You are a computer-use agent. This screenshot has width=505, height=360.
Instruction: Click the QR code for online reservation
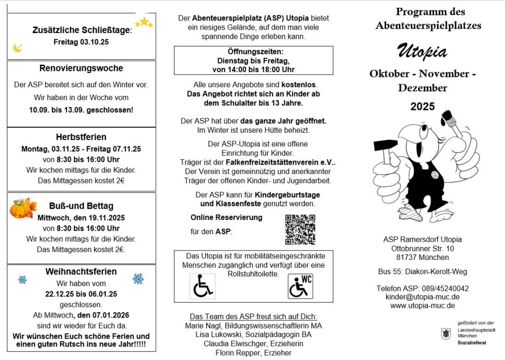(300, 229)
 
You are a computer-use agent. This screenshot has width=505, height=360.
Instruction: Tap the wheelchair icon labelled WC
(300, 287)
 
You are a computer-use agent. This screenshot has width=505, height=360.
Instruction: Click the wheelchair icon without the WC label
(202, 287)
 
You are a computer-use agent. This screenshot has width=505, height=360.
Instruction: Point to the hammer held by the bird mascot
(382, 146)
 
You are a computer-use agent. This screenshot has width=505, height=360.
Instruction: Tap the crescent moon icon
(18, 48)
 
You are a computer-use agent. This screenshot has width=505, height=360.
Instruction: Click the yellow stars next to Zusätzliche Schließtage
(144, 23)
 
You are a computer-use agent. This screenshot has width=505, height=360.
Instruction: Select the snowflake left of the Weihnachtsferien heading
(23, 280)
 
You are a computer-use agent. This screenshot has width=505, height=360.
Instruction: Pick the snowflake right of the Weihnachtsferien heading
(138, 279)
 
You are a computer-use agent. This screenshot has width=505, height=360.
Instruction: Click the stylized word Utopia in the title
(422, 51)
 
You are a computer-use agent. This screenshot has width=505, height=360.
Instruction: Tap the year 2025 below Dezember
(423, 107)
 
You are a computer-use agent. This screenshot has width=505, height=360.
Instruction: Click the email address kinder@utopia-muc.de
(422, 297)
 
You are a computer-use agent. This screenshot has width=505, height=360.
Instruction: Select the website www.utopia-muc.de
(422, 306)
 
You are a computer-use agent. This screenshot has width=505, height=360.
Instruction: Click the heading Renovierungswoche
(81, 69)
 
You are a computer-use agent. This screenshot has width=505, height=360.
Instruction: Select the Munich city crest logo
(446, 333)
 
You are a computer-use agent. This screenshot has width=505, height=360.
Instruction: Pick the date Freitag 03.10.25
(81, 42)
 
